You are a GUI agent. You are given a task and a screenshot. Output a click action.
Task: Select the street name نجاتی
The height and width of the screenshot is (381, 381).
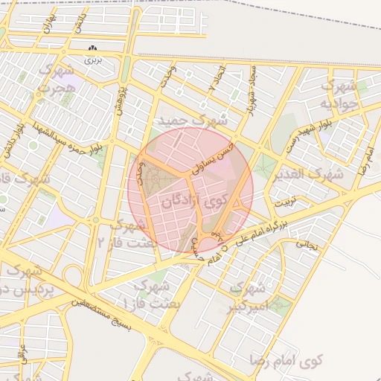coord(307,243)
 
